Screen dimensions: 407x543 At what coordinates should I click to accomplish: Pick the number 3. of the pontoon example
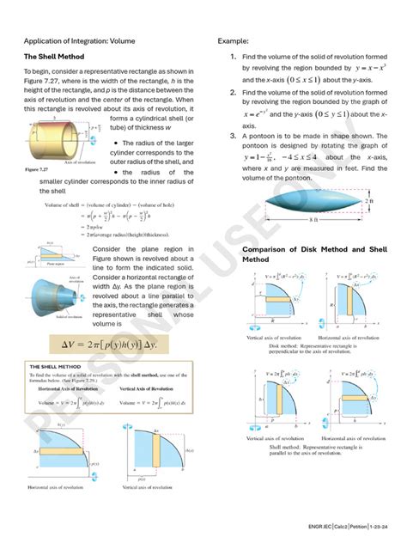[233, 136]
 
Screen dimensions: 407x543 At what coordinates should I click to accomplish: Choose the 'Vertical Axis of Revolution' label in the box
[147, 388]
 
